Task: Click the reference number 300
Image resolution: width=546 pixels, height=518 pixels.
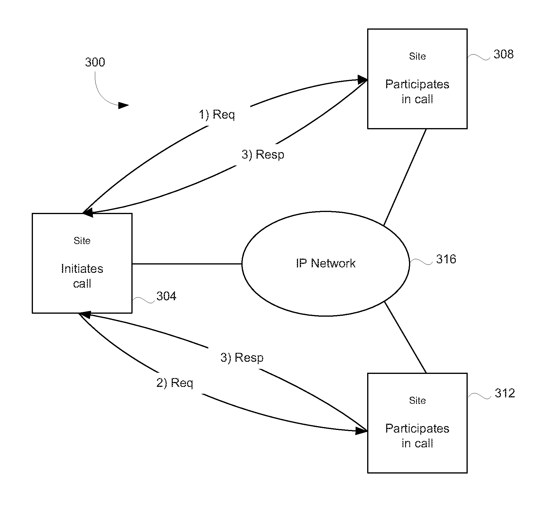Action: tap(95, 62)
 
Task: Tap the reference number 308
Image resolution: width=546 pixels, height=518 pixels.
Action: tap(504, 54)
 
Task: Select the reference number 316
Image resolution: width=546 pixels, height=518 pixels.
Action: tap(446, 259)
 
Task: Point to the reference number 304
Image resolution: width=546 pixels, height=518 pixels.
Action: tap(166, 296)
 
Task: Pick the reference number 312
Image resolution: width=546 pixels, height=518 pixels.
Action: tap(505, 393)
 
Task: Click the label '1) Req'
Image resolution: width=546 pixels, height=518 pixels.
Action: tap(217, 114)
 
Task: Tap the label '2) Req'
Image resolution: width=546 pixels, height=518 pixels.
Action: tap(175, 383)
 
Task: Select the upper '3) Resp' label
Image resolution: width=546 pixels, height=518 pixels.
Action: tap(263, 154)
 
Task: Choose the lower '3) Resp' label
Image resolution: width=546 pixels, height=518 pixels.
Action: tap(242, 358)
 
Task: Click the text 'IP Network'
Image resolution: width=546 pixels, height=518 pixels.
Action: tap(326, 263)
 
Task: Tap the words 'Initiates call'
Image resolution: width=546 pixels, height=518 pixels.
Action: tap(82, 276)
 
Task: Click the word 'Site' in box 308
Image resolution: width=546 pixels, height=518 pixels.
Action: tap(417, 56)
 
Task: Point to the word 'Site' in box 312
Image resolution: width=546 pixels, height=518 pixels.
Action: tap(417, 401)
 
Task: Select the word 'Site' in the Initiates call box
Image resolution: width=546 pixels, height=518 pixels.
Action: tap(82, 240)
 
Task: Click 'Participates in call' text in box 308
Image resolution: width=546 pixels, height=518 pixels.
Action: tap(417, 92)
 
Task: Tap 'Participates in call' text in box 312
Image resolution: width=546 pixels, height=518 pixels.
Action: tap(417, 436)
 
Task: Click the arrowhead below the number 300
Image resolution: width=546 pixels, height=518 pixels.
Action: tap(123, 105)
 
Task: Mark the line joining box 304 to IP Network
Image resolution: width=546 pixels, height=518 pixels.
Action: tap(187, 264)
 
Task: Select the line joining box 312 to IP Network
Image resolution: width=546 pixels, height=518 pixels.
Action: tap(405, 337)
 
